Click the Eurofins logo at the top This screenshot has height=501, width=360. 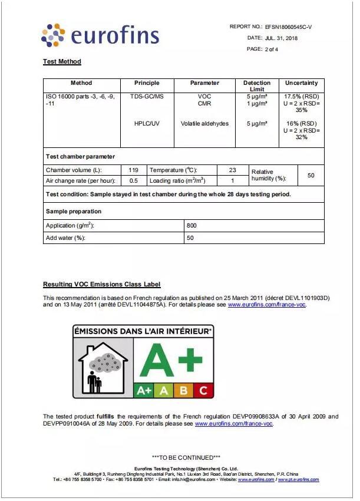(x=100, y=35)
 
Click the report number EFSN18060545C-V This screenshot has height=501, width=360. (x=289, y=27)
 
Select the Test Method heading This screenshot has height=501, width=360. (x=62, y=61)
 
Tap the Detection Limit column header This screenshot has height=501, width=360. (x=257, y=86)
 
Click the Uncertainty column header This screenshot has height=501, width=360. (x=301, y=83)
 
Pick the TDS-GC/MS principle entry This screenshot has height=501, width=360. (x=147, y=96)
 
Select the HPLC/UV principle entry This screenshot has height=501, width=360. (x=147, y=123)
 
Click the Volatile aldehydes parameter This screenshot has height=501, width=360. (x=204, y=123)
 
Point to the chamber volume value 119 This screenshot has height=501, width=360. (x=133, y=170)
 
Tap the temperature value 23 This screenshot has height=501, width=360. (x=232, y=170)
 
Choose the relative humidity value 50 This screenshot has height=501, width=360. (x=311, y=176)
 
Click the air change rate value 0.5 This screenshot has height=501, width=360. (x=133, y=181)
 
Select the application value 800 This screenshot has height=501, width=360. (x=191, y=225)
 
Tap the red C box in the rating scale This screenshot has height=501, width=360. (x=203, y=390)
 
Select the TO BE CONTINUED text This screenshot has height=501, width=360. (x=186, y=457)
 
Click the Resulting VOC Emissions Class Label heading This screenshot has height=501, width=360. (x=101, y=284)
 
